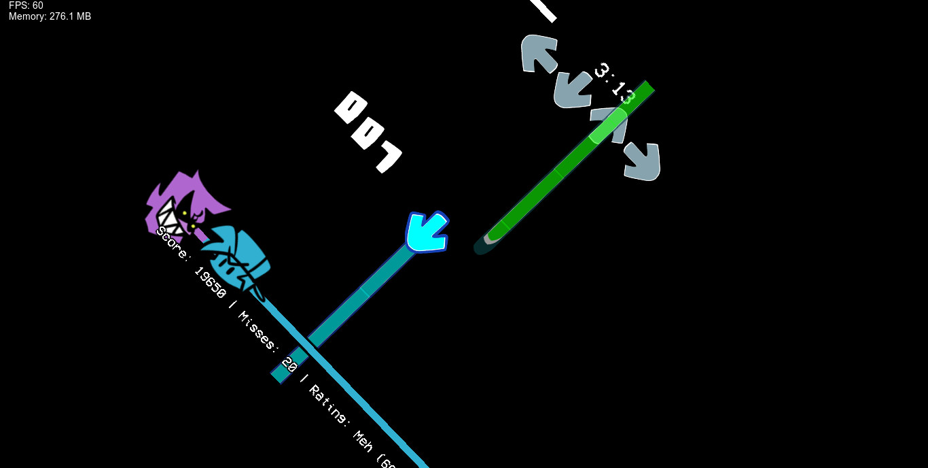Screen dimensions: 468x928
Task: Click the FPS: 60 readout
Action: pos(26,5)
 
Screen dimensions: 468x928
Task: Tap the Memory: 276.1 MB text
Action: pos(50,16)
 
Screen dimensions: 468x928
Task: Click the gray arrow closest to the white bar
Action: pos(539,53)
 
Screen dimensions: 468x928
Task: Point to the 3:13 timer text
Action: pos(614,84)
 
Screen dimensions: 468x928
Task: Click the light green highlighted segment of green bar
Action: pos(608,125)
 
